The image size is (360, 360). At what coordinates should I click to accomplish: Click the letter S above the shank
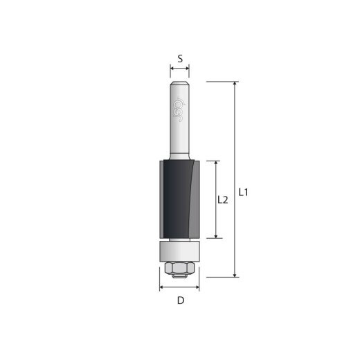click(x=180, y=59)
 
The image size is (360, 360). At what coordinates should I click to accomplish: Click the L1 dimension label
click(x=243, y=192)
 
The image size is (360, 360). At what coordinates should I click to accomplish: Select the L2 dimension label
click(x=223, y=200)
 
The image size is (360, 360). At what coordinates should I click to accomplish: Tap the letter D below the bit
click(x=180, y=300)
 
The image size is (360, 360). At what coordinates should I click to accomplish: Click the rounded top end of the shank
click(x=180, y=83)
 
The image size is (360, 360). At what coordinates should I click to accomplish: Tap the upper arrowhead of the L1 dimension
click(x=235, y=84)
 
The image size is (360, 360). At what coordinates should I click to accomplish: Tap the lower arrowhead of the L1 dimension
click(x=235, y=274)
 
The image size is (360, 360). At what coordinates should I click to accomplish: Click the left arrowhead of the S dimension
click(x=172, y=69)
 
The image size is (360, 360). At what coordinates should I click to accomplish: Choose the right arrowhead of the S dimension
click(x=188, y=69)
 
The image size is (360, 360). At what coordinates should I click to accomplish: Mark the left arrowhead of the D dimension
click(x=162, y=287)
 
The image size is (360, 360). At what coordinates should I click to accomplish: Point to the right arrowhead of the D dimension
click(x=198, y=287)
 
